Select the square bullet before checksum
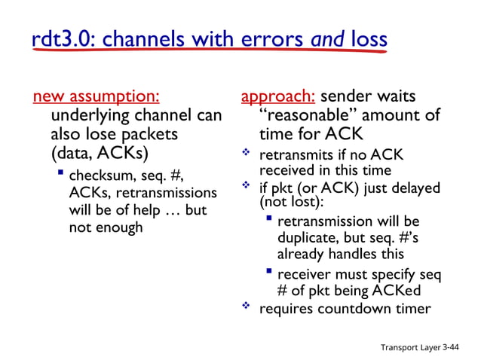click(60, 174)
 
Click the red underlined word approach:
click(278, 97)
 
